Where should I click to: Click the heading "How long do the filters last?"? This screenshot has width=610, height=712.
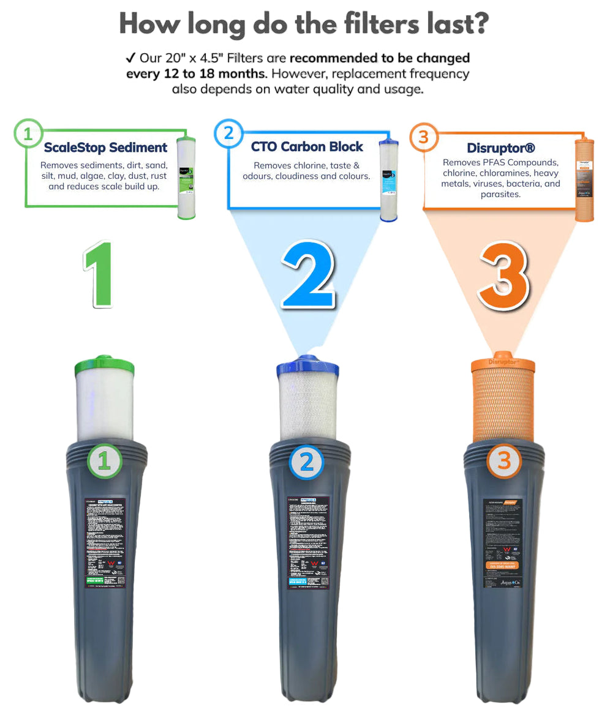[x=304, y=24]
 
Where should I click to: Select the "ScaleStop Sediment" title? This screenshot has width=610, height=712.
[x=105, y=148]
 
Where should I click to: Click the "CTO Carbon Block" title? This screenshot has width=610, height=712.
[x=307, y=147]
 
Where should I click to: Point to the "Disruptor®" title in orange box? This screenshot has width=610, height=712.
[x=501, y=149]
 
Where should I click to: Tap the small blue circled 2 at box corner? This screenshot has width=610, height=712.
[x=228, y=133]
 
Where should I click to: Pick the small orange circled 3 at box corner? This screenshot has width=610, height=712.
[x=423, y=137]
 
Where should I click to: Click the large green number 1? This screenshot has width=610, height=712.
[x=99, y=274]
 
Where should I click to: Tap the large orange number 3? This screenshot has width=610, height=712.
[x=504, y=274]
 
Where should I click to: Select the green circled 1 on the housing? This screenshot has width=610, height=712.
[x=105, y=460]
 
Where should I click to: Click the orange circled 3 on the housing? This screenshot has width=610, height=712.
[x=503, y=460]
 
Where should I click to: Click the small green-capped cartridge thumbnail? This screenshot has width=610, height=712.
[x=186, y=178]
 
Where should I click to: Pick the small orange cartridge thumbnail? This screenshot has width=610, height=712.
[x=584, y=178]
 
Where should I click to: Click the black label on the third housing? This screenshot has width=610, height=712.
[x=502, y=544]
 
